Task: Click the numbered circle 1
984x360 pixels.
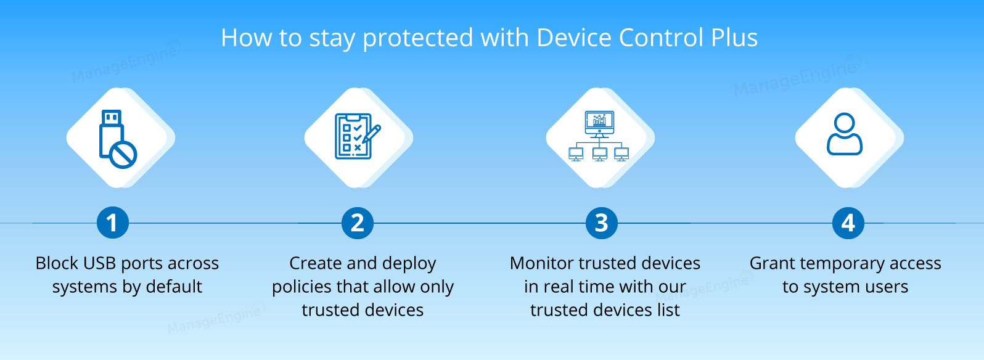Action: click(113, 223)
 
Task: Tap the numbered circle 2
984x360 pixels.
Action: click(358, 223)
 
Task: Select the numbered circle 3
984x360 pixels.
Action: click(602, 223)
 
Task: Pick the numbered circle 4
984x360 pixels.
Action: click(848, 223)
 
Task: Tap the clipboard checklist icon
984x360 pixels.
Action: click(358, 136)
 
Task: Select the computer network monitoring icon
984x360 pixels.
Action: click(599, 136)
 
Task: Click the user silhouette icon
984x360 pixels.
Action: click(845, 134)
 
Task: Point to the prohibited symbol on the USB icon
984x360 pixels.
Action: click(123, 155)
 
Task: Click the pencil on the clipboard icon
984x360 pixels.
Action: click(372, 134)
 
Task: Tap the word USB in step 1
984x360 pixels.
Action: click(100, 263)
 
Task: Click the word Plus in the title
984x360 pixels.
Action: click(734, 38)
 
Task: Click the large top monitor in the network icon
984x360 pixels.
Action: click(599, 123)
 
